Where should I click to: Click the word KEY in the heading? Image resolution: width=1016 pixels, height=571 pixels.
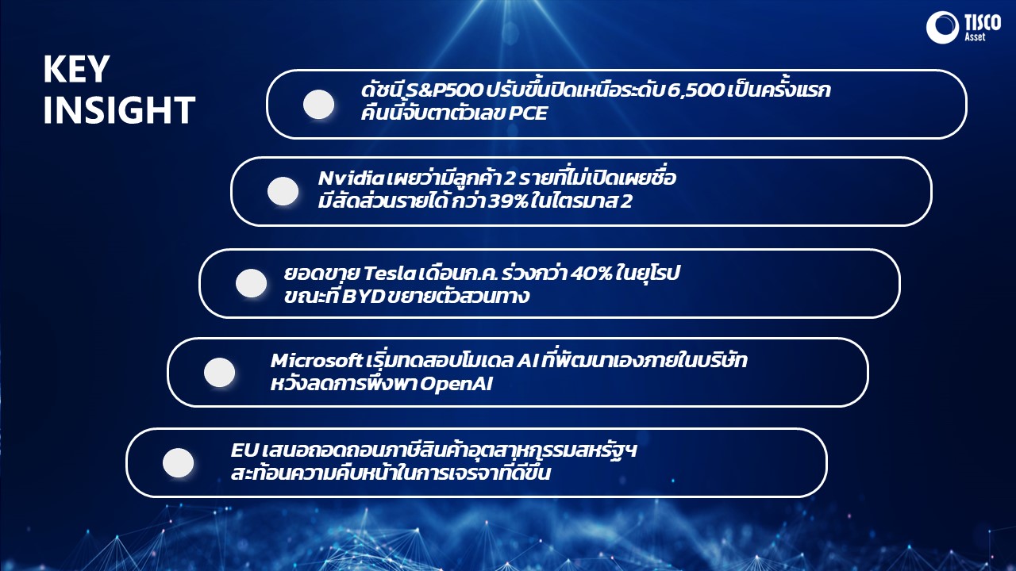click(x=77, y=69)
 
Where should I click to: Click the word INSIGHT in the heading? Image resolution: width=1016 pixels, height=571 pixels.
click(x=119, y=109)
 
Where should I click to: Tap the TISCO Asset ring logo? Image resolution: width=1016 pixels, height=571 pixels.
click(x=942, y=27)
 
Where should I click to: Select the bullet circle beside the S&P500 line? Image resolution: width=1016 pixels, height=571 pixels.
click(x=318, y=104)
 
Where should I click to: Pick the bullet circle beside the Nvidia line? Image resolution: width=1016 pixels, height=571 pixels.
click(x=283, y=191)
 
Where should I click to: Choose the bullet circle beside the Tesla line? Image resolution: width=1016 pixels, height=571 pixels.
click(x=252, y=283)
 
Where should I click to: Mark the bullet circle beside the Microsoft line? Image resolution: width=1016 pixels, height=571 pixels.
click(x=220, y=372)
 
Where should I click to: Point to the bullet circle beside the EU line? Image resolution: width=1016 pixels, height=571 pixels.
click(x=179, y=462)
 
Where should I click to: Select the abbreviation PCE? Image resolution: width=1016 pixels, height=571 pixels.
click(x=528, y=113)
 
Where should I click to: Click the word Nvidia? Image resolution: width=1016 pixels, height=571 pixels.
click(x=351, y=178)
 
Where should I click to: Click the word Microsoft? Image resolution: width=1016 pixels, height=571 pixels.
click(x=316, y=361)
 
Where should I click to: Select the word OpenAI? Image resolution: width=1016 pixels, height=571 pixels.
click(x=456, y=384)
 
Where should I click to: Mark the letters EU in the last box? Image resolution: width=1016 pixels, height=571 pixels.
click(x=244, y=450)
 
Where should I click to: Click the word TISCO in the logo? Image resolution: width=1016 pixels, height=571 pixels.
click(x=983, y=23)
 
